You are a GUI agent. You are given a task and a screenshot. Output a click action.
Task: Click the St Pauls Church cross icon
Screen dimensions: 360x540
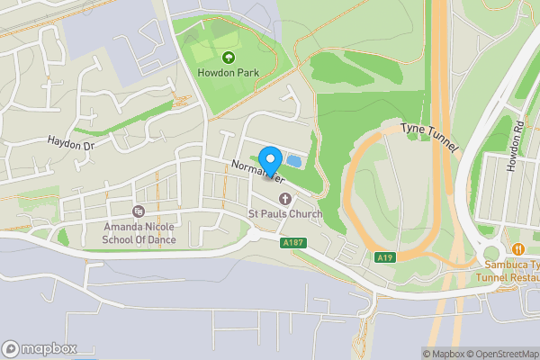(285, 199)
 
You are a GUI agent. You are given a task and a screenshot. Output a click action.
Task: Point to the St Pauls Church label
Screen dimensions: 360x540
(285, 214)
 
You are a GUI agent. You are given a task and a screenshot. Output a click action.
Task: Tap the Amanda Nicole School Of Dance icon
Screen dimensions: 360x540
(138, 211)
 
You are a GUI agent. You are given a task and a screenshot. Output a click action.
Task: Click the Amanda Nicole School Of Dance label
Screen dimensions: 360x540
(138, 232)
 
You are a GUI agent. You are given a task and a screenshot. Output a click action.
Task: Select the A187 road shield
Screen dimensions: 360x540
(292, 242)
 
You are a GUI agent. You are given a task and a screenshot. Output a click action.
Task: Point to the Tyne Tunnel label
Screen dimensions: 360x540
(430, 137)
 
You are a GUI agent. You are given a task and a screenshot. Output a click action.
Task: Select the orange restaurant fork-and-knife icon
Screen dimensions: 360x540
(517, 248)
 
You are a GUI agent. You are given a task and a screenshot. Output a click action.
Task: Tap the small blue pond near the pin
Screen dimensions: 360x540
(293, 161)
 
